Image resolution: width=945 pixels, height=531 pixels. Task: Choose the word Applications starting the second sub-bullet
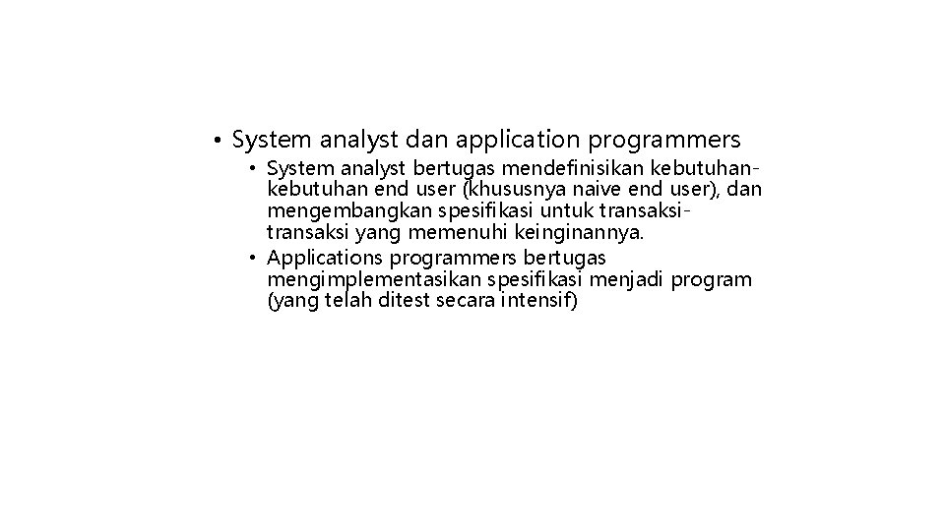(x=326, y=259)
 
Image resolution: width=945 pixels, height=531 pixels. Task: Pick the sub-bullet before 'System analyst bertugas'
(x=253, y=171)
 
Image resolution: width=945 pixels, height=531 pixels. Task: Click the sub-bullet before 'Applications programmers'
(x=253, y=259)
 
